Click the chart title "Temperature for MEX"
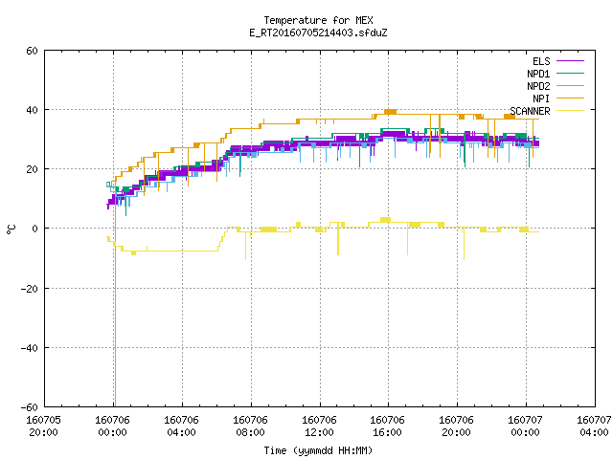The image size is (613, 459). (x=318, y=20)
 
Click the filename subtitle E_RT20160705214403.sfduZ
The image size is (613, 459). (x=318, y=33)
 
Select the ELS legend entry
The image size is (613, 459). (x=557, y=61)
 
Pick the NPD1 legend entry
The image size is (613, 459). (x=556, y=74)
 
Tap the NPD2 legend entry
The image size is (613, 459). (x=556, y=86)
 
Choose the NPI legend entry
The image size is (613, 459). (x=557, y=98)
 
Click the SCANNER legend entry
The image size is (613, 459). (x=547, y=111)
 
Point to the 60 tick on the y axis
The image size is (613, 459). (x=32, y=51)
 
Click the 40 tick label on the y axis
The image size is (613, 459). (x=32, y=110)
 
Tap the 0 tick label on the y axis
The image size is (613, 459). (x=34, y=229)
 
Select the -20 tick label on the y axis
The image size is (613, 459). (x=30, y=289)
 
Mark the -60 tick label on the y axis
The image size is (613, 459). (x=30, y=407)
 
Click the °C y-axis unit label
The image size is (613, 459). (x=11, y=229)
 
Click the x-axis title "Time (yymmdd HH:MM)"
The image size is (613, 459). (x=318, y=450)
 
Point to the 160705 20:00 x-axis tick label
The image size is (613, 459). (x=43, y=426)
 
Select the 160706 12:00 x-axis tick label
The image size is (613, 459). (x=319, y=426)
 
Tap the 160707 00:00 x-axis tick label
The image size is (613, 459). (x=526, y=426)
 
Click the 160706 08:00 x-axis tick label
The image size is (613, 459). (x=251, y=426)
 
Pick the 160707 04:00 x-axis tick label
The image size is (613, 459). (x=594, y=426)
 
